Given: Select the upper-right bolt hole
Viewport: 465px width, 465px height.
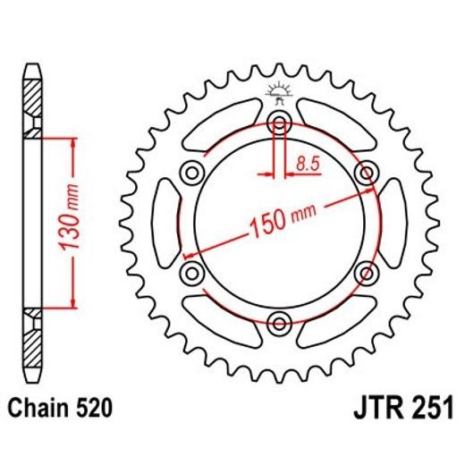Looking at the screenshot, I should point(366,172).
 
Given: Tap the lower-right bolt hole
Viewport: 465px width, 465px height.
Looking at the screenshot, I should point(366,272).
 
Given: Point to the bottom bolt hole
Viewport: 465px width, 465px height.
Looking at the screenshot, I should point(279,322).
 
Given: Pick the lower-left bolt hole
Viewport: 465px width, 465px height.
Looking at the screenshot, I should point(191,272).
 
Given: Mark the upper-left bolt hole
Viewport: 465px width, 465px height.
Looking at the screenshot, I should point(191,172).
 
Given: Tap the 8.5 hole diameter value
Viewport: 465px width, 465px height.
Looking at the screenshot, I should point(306,164).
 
